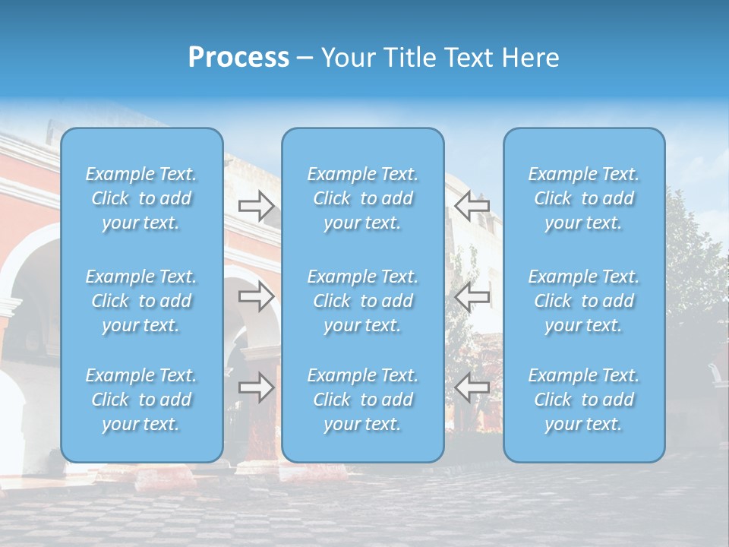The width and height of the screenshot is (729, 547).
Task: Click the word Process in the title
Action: [238, 58]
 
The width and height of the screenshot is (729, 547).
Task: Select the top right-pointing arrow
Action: [257, 206]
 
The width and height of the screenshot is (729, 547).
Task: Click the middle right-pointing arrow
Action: [257, 296]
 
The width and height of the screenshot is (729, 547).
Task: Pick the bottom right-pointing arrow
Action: [257, 387]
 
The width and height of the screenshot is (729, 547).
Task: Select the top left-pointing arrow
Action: [472, 206]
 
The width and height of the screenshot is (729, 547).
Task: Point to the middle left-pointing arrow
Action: [472, 296]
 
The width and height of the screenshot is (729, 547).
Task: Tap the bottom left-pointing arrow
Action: [472, 387]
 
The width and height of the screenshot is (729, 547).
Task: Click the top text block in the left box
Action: [141, 198]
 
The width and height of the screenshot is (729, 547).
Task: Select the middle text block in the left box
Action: [141, 301]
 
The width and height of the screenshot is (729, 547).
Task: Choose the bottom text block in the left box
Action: [141, 400]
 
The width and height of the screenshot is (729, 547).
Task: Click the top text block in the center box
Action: [363, 198]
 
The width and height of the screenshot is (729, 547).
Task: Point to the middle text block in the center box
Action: [363, 301]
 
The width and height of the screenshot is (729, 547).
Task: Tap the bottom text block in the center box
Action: [363, 400]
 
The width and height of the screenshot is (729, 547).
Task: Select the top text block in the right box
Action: [584, 198]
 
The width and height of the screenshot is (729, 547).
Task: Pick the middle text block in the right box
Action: [584, 301]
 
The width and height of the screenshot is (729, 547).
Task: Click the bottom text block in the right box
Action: [584, 400]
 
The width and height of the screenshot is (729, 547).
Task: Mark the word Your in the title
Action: [348, 58]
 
